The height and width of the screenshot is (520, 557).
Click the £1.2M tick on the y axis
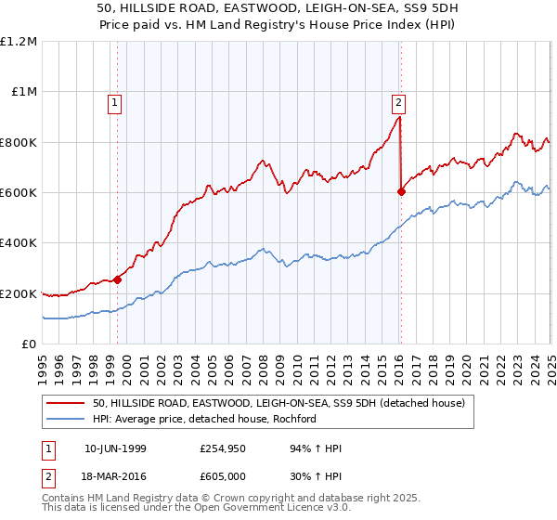click(19, 42)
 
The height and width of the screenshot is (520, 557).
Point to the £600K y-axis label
click(19, 193)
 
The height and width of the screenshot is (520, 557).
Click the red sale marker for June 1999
click(118, 279)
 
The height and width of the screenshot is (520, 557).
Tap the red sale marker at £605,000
click(402, 192)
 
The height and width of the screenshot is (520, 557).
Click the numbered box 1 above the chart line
click(114, 104)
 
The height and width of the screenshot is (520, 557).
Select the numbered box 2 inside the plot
click(398, 104)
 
